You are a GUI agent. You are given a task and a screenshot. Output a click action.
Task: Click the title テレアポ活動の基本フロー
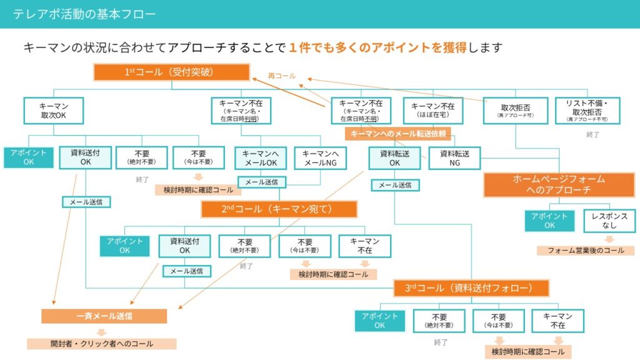click(84, 14)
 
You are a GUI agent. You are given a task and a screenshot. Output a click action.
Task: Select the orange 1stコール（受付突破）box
click(172, 72)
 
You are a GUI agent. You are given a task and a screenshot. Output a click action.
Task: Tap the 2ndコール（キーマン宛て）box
click(279, 209)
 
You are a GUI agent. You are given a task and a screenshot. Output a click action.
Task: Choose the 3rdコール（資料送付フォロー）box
click(472, 288)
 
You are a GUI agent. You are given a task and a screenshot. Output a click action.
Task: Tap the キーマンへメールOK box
click(261, 157)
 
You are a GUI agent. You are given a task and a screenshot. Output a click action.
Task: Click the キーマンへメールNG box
click(320, 157)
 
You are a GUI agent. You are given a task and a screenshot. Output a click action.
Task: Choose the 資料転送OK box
click(394, 157)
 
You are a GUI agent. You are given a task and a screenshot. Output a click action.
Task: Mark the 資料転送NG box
click(454, 157)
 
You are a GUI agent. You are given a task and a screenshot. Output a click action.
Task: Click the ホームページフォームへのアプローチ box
click(559, 185)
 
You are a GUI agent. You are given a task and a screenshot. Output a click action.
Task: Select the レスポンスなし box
click(609, 221)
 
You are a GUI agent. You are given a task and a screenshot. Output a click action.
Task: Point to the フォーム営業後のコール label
click(585, 251)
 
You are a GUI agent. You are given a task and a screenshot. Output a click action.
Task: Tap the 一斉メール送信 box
click(104, 316)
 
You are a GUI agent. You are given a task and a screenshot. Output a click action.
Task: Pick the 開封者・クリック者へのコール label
click(101, 344)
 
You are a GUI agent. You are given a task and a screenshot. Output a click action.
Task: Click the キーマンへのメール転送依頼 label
click(398, 134)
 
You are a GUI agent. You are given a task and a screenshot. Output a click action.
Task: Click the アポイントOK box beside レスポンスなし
click(549, 221)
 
